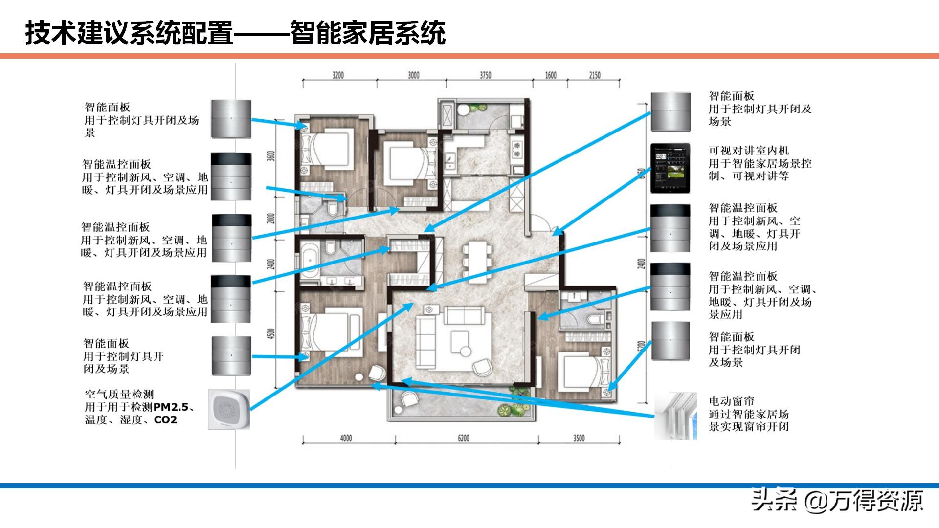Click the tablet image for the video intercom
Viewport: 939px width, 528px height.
tap(670, 168)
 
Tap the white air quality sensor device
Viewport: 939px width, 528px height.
tap(229, 410)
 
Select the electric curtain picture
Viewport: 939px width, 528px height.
tap(676, 416)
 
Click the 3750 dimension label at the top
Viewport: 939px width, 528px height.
tap(485, 75)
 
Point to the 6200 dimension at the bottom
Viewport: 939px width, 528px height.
tap(463, 438)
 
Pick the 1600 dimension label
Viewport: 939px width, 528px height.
tap(551, 75)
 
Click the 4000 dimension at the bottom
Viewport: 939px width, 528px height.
tap(346, 438)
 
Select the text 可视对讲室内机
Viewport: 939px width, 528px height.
tap(749, 151)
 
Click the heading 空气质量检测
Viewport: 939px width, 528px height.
tap(119, 394)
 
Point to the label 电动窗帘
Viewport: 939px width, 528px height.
tap(732, 401)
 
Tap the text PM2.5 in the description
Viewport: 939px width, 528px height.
tap(171, 407)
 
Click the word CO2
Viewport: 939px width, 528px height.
tap(165, 420)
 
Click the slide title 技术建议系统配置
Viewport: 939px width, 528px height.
tap(129, 33)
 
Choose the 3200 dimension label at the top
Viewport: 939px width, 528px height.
tap(338, 75)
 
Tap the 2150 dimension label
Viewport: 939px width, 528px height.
tap(594, 75)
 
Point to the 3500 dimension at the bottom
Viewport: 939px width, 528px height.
tap(579, 438)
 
